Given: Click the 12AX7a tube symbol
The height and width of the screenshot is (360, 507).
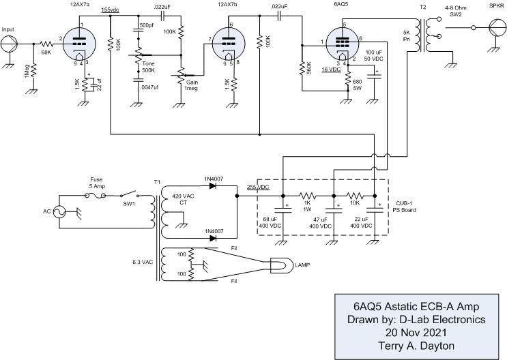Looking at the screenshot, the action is coord(79,44).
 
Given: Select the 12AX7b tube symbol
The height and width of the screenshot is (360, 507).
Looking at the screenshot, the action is coord(229,44).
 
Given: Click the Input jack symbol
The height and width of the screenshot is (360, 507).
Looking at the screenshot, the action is coord(9,44).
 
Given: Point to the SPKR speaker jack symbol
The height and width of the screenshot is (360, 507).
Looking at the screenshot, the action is coord(496,27).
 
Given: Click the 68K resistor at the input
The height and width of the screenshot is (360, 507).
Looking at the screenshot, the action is coord(47,44).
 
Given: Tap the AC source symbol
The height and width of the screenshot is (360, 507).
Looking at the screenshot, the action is coord(59,211).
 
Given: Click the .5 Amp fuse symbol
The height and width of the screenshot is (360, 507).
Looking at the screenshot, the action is coord(95,195).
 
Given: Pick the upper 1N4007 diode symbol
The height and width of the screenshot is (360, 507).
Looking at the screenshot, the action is coord(213,186).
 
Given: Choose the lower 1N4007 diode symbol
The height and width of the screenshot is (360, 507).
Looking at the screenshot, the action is coord(213,238).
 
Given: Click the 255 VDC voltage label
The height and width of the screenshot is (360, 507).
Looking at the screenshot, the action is coord(258,187).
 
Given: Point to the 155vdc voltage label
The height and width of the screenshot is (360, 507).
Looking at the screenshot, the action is coord(111,10).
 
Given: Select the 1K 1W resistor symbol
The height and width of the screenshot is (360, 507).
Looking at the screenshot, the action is coord(308,196).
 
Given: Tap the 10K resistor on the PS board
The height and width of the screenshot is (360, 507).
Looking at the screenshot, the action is coord(355,196).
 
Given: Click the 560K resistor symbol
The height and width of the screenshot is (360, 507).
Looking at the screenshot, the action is coord(302,68).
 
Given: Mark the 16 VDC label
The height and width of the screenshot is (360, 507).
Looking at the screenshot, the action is coord(332,69).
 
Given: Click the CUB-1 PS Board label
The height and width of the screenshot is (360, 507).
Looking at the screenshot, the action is coord(404,207).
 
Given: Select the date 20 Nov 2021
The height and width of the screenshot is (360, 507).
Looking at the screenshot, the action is coord(416,333).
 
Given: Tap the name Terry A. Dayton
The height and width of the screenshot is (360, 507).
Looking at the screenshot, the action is coord(416,346).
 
